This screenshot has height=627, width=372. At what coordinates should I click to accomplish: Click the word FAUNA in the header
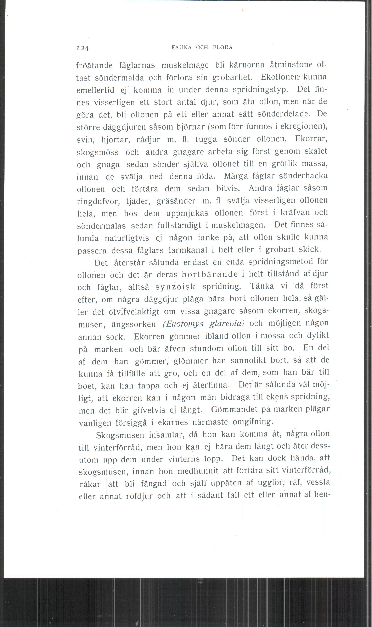click(x=181, y=47)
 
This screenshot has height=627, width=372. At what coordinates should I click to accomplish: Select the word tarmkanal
click(x=187, y=250)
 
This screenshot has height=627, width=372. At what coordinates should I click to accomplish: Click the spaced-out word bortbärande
click(x=210, y=274)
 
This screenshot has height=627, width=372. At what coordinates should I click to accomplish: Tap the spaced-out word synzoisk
click(x=175, y=287)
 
